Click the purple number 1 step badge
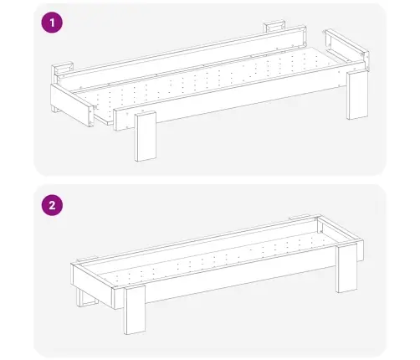52,23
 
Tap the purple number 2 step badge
52,205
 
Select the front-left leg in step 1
145,136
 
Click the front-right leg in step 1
357,95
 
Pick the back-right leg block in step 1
274,26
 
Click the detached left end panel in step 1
72,105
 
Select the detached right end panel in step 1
348,49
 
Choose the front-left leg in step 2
135,311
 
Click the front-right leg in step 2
347,268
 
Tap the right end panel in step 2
341,237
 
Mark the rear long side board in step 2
195,240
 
